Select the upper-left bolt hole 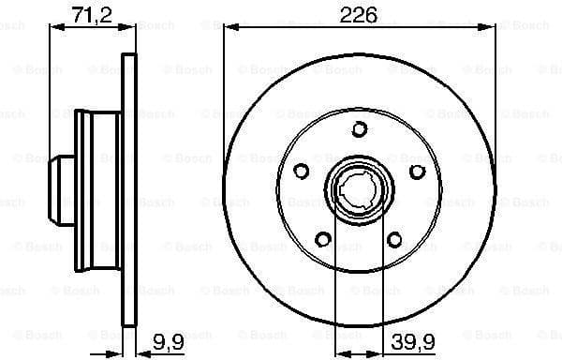pyautogui.click(x=302, y=171)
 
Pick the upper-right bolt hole pyautogui.click(x=417, y=171)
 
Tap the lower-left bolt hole pyautogui.click(x=323, y=239)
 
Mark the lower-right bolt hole pyautogui.click(x=394, y=239)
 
